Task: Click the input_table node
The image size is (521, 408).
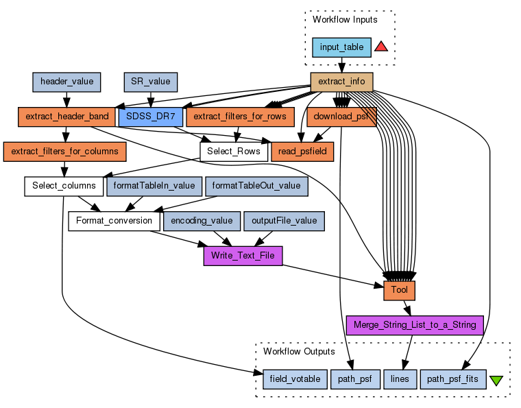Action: click(x=341, y=47)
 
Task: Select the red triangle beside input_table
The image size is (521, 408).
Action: click(x=381, y=47)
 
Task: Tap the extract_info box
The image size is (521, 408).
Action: click(x=341, y=82)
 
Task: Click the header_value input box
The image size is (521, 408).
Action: click(x=66, y=82)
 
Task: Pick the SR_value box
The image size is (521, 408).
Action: click(x=150, y=82)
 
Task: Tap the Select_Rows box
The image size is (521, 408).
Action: click(x=233, y=151)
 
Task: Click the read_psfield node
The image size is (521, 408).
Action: click(x=302, y=151)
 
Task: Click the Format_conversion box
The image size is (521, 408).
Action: click(x=114, y=221)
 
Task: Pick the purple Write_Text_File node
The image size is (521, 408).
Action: click(x=243, y=256)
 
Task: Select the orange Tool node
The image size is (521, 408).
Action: click(x=399, y=290)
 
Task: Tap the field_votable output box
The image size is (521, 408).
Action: click(x=294, y=379)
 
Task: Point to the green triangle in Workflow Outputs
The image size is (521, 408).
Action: click(x=497, y=380)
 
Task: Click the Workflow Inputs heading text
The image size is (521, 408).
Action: click(x=344, y=19)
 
